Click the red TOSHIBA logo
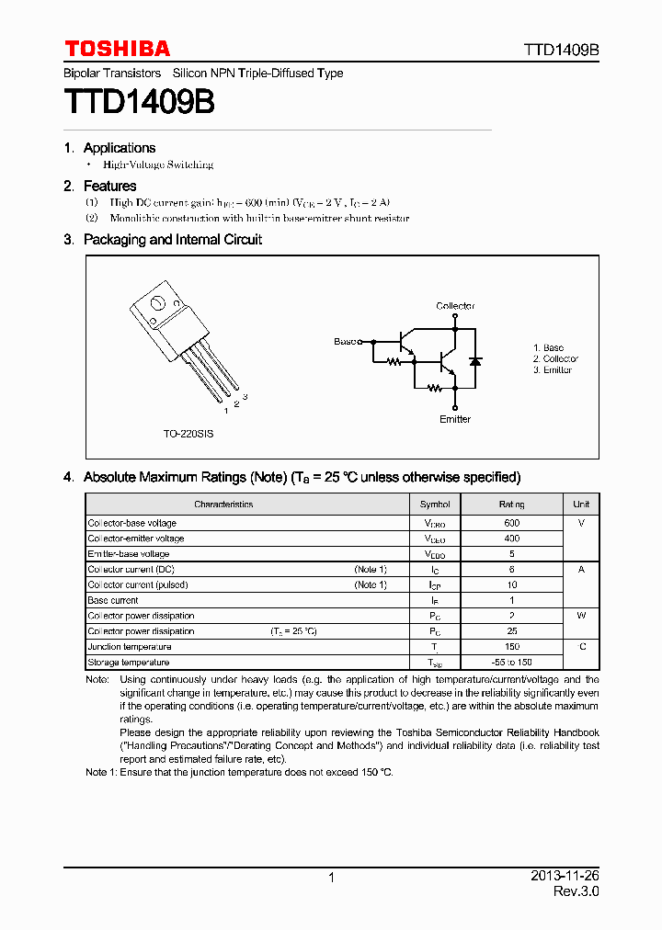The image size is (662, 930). coord(117,49)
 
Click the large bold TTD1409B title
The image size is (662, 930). coord(139,102)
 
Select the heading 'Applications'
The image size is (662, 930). coord(120,148)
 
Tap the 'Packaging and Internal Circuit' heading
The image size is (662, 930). coord(173,240)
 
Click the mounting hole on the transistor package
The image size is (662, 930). coord(157,303)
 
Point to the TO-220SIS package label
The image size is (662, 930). coord(188,433)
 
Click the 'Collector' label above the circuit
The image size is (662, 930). coord(455,306)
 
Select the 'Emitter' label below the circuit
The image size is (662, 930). coord(454,419)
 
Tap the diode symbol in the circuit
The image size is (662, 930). coord(474,360)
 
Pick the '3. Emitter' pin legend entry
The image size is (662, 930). coord(553,370)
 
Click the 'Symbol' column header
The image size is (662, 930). coord(435,505)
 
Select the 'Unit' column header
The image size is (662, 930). coord(581,505)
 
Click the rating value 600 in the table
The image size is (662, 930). coord(512,523)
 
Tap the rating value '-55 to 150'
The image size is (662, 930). coord(512,663)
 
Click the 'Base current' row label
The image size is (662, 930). coord(113,600)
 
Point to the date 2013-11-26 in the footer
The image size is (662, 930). coord(565,877)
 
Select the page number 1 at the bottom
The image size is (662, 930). coord(331,878)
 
